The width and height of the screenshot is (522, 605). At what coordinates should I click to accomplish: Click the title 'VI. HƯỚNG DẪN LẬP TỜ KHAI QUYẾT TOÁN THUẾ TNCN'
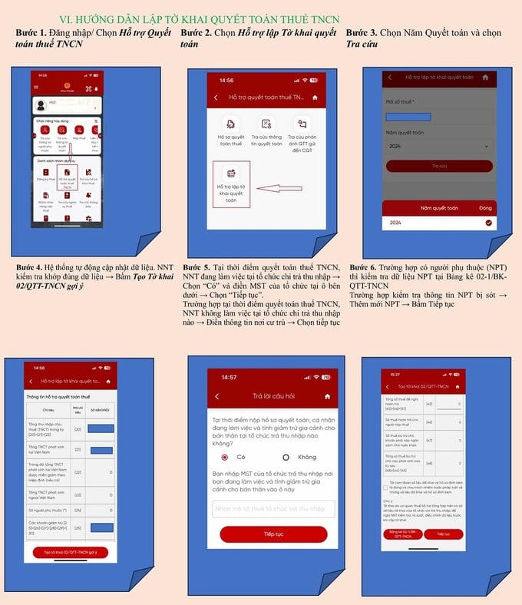199,19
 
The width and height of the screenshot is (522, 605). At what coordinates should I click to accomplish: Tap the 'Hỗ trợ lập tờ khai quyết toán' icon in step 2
230,183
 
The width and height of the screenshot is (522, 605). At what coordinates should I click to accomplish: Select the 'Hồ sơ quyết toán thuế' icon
230,131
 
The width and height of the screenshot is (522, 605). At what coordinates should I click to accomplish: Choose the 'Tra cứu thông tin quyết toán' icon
266,131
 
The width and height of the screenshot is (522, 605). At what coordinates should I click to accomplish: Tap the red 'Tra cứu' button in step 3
439,166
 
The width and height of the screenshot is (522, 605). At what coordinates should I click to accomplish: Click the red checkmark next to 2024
488,223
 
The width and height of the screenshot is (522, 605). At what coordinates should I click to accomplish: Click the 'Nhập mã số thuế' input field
273,508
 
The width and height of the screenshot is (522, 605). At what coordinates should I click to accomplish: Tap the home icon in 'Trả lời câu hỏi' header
328,395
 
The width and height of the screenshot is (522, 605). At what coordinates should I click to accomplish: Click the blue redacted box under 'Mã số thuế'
408,116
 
